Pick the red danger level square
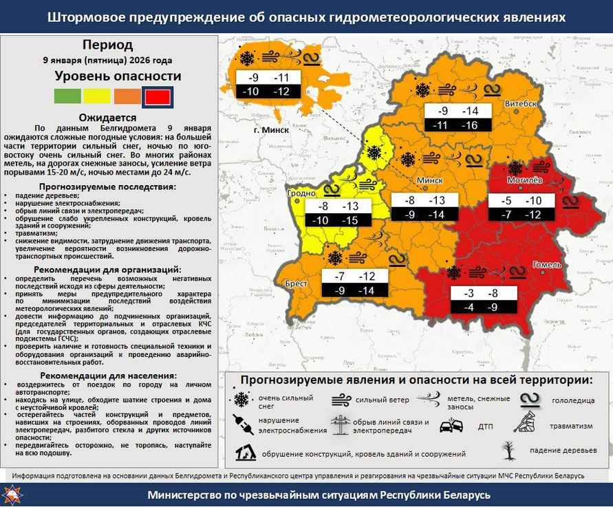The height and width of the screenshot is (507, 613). [x=158, y=97]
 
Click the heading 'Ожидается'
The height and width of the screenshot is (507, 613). [x=108, y=117]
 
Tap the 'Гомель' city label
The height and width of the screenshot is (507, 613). [x=548, y=264]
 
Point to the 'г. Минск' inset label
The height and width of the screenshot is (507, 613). [x=271, y=130]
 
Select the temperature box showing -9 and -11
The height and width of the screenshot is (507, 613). [x=268, y=84]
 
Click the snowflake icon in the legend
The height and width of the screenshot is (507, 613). [x=241, y=400]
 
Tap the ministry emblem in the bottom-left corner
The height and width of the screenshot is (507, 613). [x=14, y=495]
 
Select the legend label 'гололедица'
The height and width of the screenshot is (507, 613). [x=577, y=400]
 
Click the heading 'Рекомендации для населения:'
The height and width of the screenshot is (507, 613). [x=108, y=376]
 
